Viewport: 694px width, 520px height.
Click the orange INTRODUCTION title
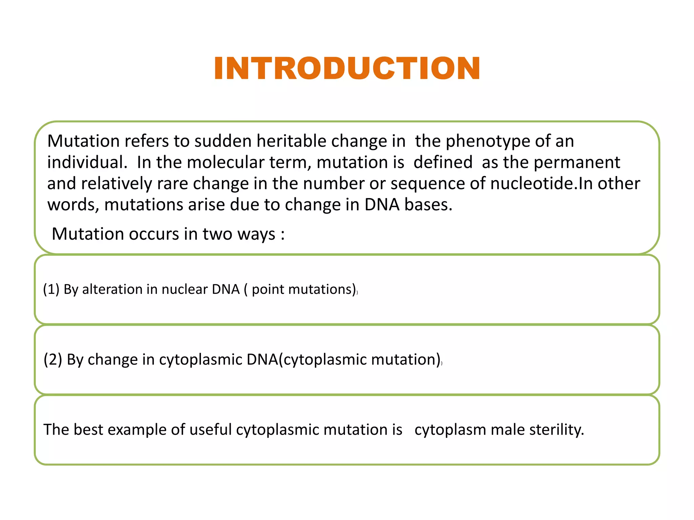(347, 68)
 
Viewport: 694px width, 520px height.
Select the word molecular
(225, 162)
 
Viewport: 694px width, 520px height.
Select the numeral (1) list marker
(51, 289)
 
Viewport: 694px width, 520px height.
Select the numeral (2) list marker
(53, 360)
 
